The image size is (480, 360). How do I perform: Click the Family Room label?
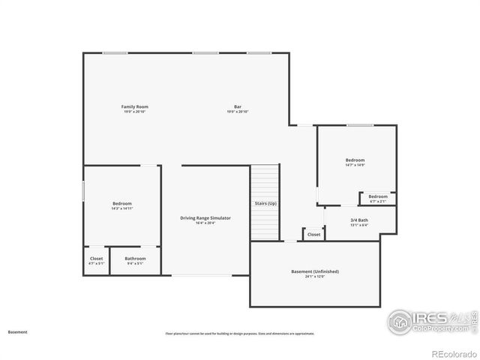[134, 107]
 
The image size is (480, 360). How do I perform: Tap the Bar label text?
[237, 107]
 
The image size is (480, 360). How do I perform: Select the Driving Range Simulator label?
[205, 217]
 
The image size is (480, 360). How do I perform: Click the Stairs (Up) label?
[265, 203]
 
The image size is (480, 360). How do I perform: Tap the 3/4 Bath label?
[359, 220]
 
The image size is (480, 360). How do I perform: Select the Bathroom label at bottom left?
[136, 259]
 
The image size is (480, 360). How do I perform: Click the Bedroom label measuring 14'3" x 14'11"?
[122, 203]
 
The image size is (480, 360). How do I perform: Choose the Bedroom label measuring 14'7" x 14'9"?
[355, 160]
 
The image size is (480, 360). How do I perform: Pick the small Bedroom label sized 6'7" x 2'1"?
[378, 196]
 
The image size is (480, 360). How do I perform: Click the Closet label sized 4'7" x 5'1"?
[97, 259]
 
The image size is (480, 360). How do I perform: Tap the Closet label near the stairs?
[313, 234]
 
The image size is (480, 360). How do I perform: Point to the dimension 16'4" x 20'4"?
[205, 223]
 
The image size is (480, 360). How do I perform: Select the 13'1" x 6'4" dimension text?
[359, 225]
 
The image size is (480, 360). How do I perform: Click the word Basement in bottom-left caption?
[17, 331]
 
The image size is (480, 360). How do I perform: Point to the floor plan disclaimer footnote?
[240, 334]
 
